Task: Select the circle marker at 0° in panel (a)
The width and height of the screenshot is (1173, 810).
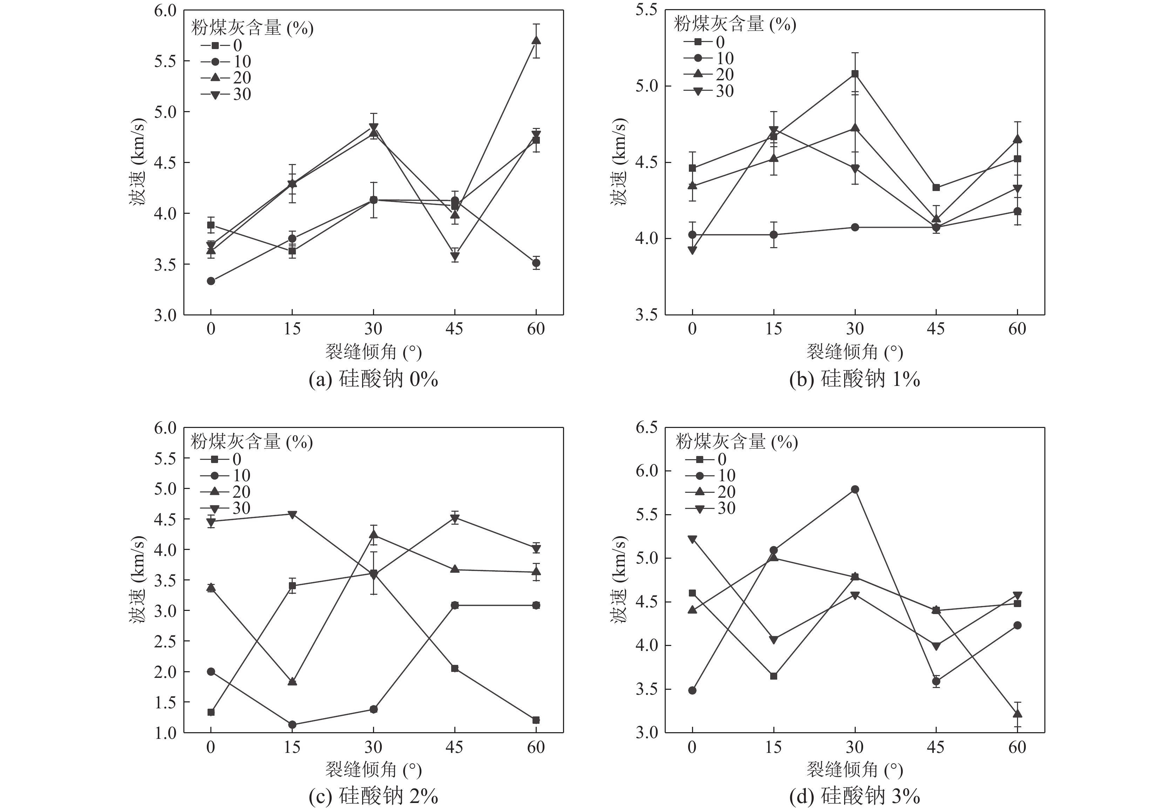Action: [x=211, y=281]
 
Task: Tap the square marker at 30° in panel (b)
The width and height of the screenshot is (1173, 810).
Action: [x=855, y=74]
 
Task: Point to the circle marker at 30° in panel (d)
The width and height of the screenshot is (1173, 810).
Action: [x=855, y=489]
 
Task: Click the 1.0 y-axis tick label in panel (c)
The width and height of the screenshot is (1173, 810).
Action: [x=165, y=733]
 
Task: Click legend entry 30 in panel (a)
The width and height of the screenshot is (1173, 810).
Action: [x=242, y=94]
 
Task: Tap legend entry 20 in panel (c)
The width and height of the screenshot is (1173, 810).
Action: [x=241, y=492]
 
